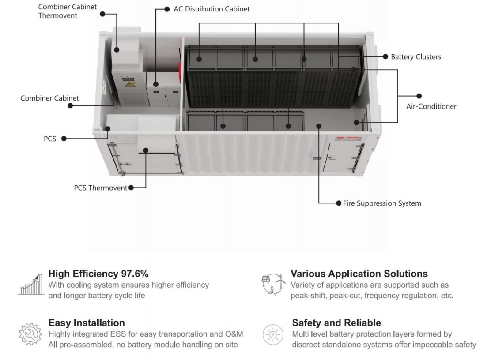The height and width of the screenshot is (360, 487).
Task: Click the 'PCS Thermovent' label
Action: click(100, 188)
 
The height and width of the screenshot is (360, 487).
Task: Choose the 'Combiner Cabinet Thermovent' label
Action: click(68, 11)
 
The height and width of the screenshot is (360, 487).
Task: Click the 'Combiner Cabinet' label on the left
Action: click(50, 98)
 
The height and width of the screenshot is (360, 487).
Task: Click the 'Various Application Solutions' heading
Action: click(360, 274)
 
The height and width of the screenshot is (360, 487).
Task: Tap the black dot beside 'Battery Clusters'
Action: click(386, 57)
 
